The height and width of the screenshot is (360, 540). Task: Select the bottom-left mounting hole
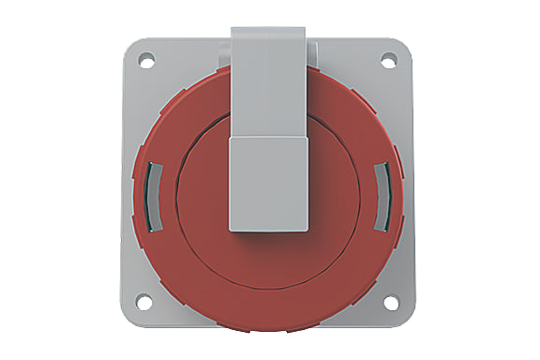point(144,301)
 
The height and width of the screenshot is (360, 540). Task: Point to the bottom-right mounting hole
point(389,301)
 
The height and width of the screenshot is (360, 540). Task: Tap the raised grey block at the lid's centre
point(269,184)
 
